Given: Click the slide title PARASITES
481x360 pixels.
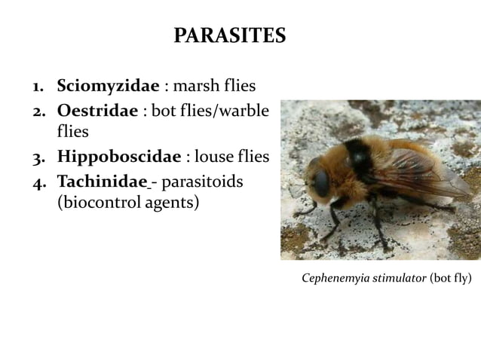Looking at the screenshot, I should pos(229,35).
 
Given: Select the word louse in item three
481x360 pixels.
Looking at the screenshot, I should pos(216,157).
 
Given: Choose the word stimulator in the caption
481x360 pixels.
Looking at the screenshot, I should pos(400,279).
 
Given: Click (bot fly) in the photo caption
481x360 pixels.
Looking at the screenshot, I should pos(451,279).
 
